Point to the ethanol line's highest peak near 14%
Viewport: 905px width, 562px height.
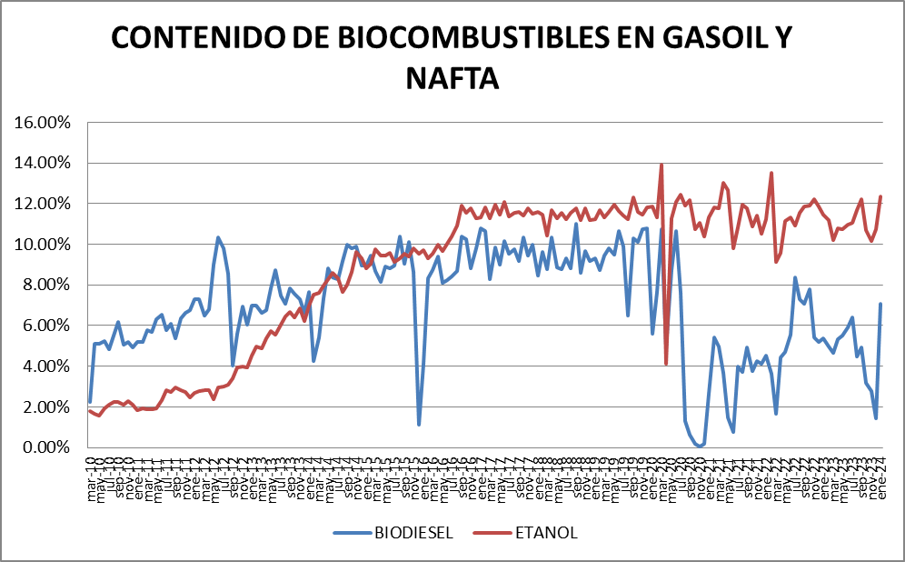coord(661,165)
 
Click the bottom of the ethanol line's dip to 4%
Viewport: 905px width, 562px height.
coord(666,364)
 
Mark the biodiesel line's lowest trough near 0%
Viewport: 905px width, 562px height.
coord(699,446)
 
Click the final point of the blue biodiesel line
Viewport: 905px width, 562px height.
coord(880,305)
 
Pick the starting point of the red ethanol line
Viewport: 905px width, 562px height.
coord(90,410)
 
